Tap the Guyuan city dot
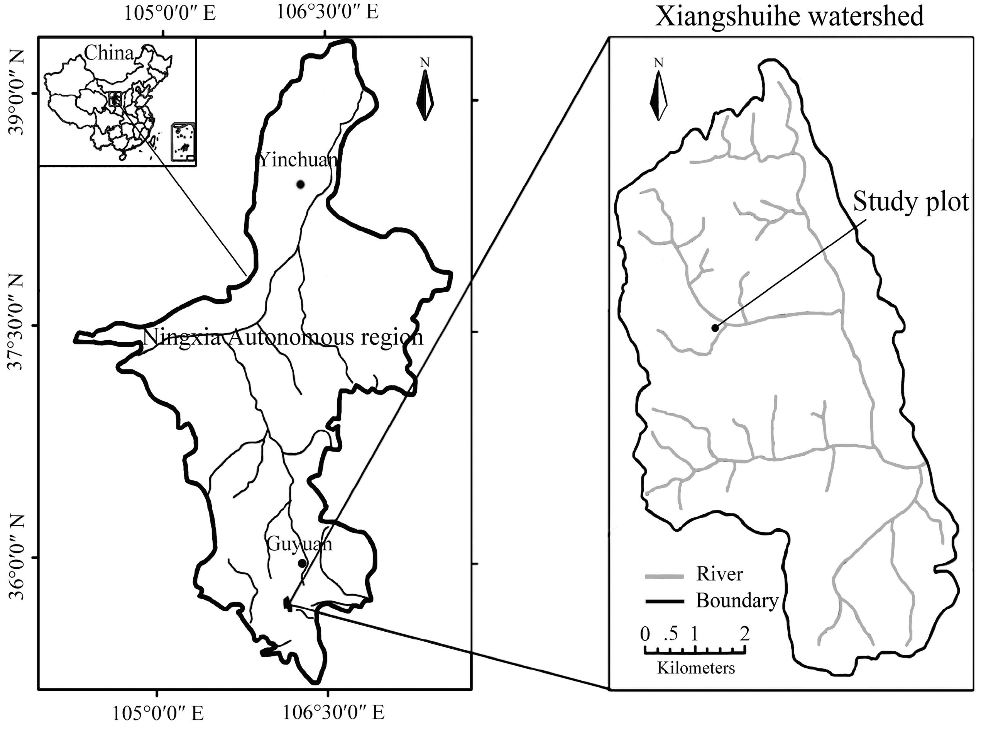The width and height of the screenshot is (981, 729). pyautogui.click(x=302, y=563)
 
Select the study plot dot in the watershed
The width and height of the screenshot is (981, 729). pyautogui.click(x=715, y=327)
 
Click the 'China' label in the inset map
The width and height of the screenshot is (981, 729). pyautogui.click(x=108, y=53)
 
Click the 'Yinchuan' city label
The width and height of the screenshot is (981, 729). pyautogui.click(x=298, y=160)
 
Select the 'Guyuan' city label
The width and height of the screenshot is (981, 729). pyautogui.click(x=299, y=544)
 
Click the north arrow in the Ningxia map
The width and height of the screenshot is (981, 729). pyautogui.click(x=425, y=95)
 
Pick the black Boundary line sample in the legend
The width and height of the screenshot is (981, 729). pyautogui.click(x=664, y=602)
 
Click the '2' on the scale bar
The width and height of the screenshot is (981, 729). pyautogui.click(x=744, y=634)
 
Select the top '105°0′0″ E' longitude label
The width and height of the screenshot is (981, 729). pyautogui.click(x=169, y=13)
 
